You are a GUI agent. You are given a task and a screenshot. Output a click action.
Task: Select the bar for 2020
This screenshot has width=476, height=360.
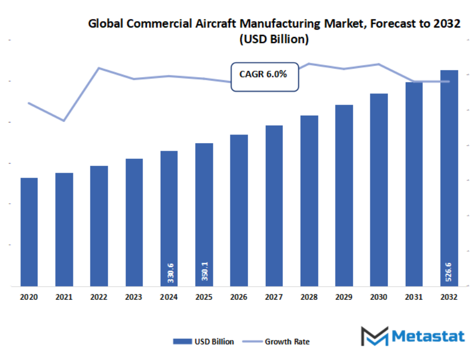click(x=29, y=232)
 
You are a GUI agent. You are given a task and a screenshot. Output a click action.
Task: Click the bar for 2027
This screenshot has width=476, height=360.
click(x=274, y=206)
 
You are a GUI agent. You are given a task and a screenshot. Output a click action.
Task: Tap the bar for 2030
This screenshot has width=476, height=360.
click(x=379, y=190)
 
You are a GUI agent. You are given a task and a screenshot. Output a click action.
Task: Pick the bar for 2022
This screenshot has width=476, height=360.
click(x=99, y=226)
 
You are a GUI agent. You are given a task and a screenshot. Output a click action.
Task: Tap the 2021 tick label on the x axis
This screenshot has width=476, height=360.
click(x=64, y=297)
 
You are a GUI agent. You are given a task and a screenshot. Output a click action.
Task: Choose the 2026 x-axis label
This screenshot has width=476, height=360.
click(x=239, y=297)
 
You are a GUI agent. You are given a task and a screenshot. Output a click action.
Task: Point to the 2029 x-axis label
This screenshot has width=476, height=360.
click(x=344, y=297)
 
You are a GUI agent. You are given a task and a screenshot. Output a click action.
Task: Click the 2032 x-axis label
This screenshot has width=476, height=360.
click(x=449, y=297)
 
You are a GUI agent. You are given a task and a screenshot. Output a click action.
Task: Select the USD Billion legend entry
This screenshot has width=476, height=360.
click(x=203, y=342)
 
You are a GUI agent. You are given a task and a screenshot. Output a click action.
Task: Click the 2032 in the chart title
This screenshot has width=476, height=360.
click(x=447, y=24)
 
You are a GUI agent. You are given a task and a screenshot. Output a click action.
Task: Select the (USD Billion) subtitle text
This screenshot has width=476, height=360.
click(x=274, y=40)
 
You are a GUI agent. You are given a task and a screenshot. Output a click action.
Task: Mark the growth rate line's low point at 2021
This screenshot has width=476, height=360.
click(x=64, y=121)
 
